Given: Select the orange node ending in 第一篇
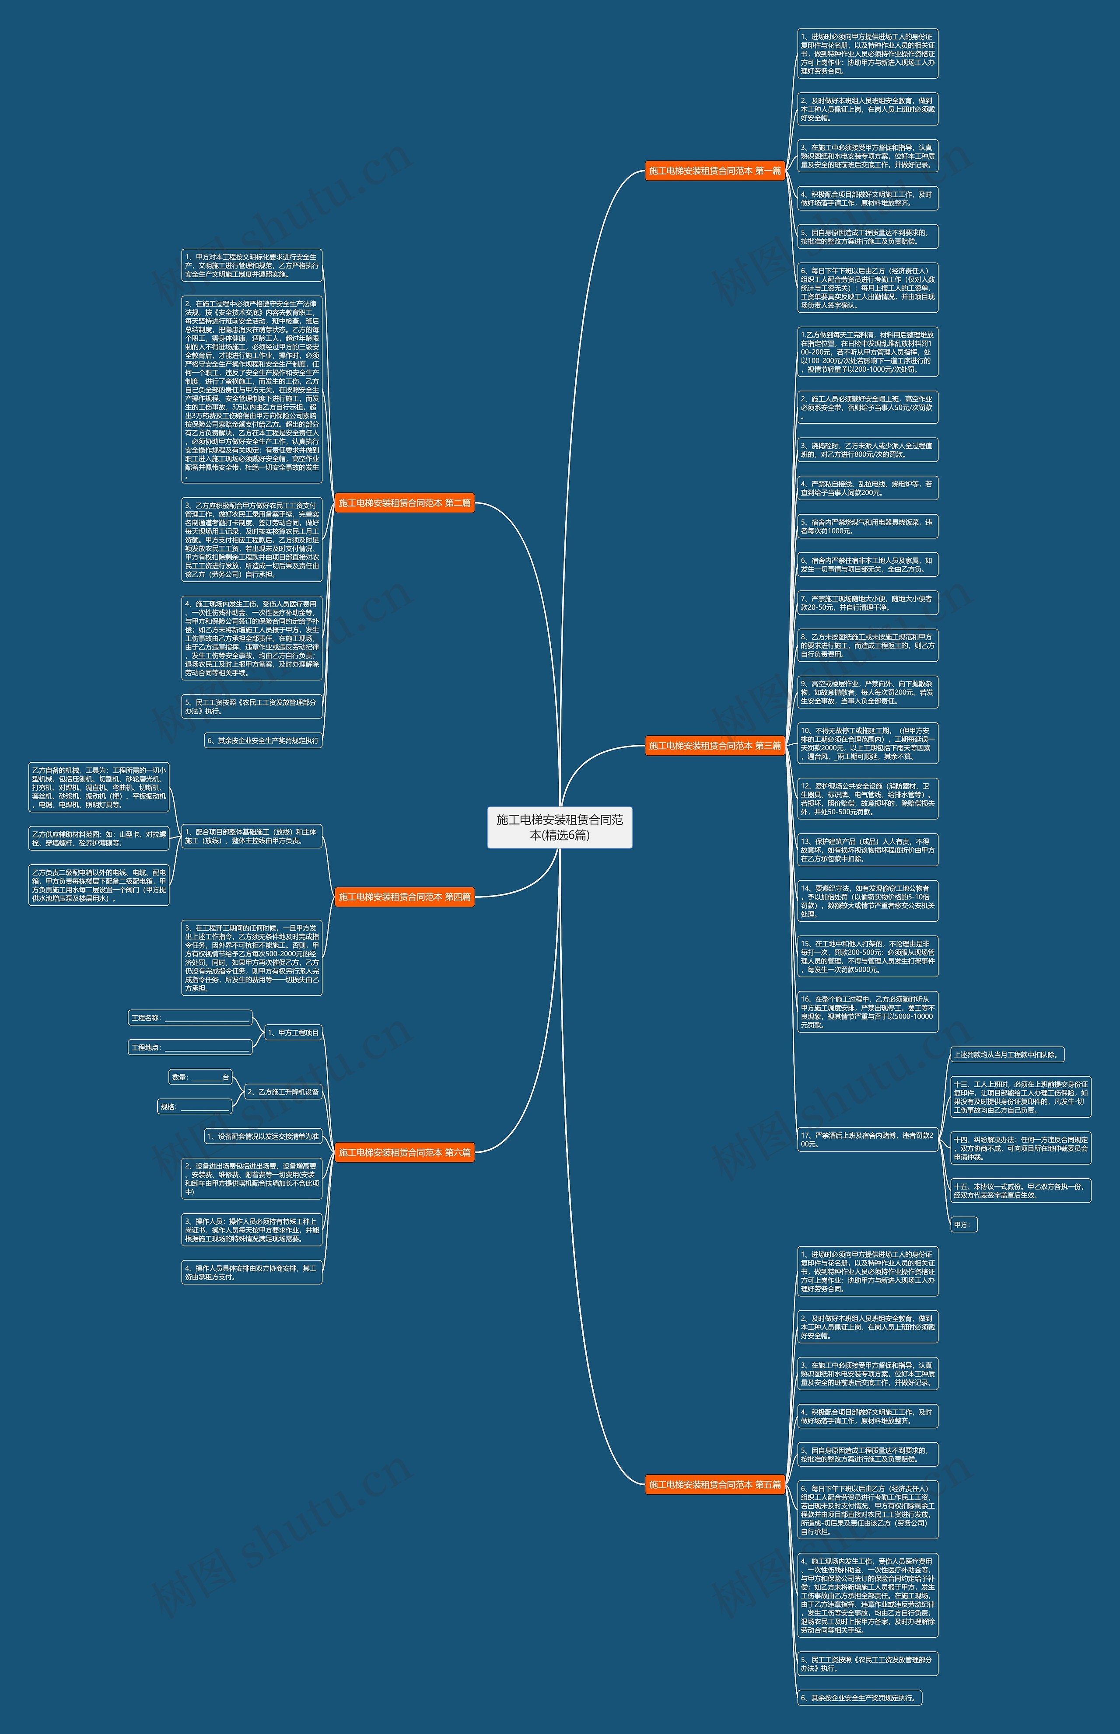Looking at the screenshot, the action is coord(715,171).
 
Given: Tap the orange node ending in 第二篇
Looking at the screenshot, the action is coord(404,503).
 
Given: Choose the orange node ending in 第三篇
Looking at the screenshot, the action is coord(715,745).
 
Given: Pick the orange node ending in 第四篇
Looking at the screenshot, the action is coord(404,897).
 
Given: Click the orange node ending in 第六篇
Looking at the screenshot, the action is coord(404,1152).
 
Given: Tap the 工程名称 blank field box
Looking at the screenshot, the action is coord(190,1018).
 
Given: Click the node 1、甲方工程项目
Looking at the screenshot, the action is coord(292,1033).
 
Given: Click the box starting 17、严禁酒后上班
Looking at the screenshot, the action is coord(867,1139).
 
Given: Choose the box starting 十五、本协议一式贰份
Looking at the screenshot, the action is coord(1020,1190).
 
